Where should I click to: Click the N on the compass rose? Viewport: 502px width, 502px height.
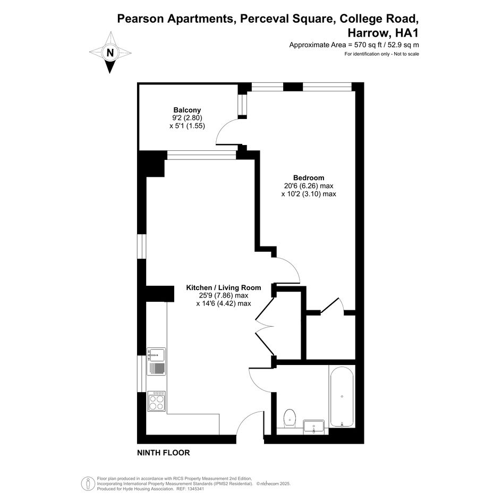point(110,53)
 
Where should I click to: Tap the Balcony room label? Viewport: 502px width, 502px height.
point(187,110)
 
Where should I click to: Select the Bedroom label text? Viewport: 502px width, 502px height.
point(309,177)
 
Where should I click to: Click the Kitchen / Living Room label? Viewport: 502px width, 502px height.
point(224,288)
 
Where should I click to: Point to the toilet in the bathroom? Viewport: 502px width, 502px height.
point(290,418)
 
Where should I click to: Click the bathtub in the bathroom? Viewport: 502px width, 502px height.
point(342,397)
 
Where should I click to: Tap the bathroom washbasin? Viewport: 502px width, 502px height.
point(314,427)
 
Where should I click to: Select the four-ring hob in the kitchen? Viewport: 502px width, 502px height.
point(157,401)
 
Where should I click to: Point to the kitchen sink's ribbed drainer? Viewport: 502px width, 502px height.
point(156,369)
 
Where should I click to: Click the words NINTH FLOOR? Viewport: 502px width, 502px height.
point(163,453)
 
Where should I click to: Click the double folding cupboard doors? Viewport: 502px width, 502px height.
point(265,327)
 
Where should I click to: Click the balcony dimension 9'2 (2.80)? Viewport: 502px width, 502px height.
point(188,118)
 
